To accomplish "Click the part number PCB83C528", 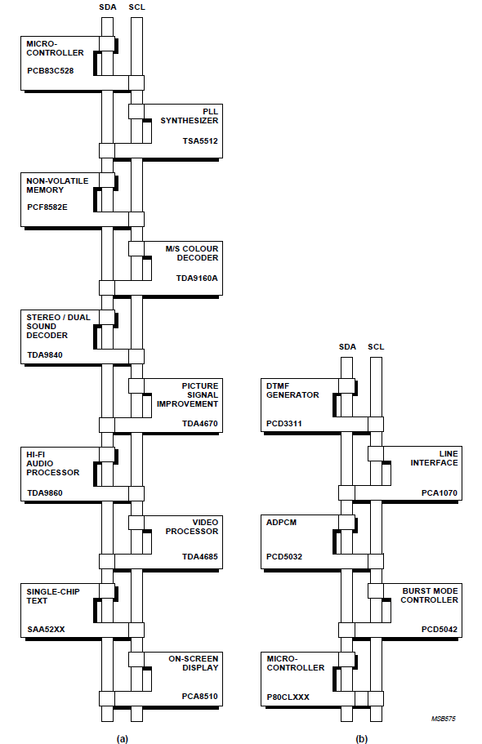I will [x=51, y=70].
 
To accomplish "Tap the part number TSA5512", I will [x=200, y=140].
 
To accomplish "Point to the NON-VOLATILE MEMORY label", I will [x=56, y=185].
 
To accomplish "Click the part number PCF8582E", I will [x=47, y=207].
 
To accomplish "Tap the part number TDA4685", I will [x=200, y=557].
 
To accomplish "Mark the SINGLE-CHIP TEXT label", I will [x=48, y=595].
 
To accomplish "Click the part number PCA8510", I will [x=200, y=697].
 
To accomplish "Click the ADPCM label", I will [x=280, y=521].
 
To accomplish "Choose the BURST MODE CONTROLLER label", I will [x=429, y=595].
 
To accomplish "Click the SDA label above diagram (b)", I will [x=347, y=346].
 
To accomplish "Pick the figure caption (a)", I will [x=122, y=738].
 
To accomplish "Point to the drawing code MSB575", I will [x=444, y=719].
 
